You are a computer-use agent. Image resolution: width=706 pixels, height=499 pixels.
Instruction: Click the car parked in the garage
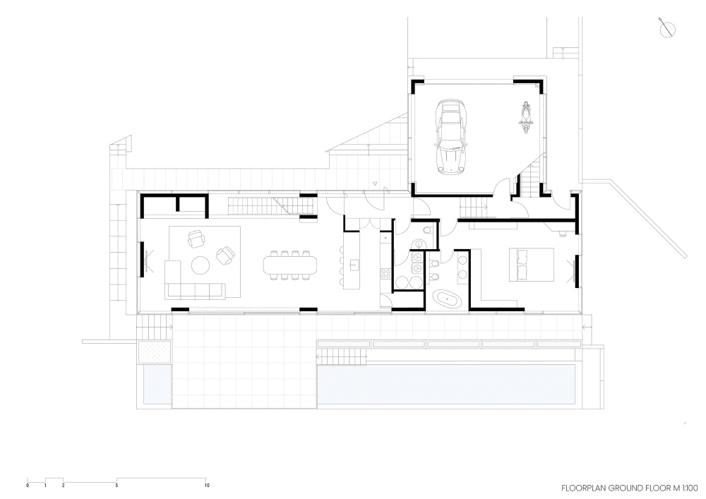point(450,137)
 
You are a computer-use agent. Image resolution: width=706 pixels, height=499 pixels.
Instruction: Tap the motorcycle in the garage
point(525,117)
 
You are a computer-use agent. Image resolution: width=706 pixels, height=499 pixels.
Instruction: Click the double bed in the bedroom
point(532,265)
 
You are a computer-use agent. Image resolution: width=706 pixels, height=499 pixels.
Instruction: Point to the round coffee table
point(201,265)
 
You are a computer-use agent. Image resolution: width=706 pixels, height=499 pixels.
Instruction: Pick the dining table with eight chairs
point(289,265)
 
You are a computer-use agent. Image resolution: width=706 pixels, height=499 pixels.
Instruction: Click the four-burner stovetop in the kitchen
point(386,273)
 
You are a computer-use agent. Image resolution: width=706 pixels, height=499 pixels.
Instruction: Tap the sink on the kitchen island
point(354,265)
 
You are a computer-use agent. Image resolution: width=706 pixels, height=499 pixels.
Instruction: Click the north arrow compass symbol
point(667,29)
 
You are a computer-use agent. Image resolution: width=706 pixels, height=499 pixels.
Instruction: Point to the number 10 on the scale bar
point(207,486)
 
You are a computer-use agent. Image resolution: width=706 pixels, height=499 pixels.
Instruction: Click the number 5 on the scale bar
point(116,486)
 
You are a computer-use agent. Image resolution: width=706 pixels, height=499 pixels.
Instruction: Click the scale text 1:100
point(690,488)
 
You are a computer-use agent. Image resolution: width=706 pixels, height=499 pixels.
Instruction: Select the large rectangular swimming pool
point(447,384)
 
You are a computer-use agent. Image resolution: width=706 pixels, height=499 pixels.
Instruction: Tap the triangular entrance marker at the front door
point(375,184)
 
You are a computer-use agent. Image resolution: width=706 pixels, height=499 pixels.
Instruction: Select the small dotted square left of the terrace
point(155,352)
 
